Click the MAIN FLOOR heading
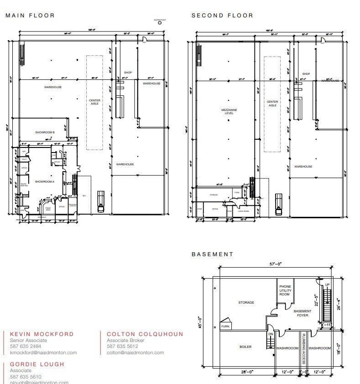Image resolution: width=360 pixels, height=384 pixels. (30, 16)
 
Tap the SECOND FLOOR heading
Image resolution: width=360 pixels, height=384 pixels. (222, 16)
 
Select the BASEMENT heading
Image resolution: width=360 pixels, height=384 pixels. (212, 254)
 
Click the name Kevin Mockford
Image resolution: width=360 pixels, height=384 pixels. (42, 334)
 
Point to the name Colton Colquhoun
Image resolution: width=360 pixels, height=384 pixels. (145, 334)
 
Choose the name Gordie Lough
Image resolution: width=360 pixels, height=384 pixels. (37, 364)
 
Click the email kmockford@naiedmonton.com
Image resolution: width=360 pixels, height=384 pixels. (43, 352)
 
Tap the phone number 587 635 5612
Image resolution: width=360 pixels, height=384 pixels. (122, 347)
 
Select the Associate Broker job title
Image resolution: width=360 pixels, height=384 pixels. (125, 341)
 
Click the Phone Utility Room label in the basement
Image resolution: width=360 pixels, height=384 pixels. (285, 290)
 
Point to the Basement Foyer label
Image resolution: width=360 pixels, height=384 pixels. (303, 313)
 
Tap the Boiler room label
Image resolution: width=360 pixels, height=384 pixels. (245, 347)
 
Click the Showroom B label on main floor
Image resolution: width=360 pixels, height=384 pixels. (45, 132)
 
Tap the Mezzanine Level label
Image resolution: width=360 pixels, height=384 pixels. (229, 112)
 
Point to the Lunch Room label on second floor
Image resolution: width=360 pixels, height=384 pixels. (243, 211)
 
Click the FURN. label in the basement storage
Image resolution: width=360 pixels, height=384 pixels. (225, 327)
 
